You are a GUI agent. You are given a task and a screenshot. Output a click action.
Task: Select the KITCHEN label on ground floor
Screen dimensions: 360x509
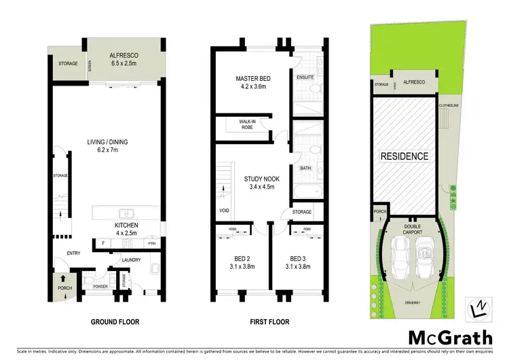[x=127, y=229]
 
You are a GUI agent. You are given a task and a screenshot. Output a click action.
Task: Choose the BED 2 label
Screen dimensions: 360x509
[x=233, y=263]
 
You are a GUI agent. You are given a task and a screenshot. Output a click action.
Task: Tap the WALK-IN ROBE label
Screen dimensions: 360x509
[x=247, y=124]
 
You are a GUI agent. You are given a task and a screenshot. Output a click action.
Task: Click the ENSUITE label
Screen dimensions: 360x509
[x=305, y=77]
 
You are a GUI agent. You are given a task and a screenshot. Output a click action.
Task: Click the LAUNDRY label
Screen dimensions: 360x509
[x=131, y=259]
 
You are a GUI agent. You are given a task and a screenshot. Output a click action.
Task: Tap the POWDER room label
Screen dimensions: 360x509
[x=101, y=287]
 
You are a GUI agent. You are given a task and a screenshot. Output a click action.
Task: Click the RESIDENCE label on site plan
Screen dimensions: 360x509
[x=404, y=156]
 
